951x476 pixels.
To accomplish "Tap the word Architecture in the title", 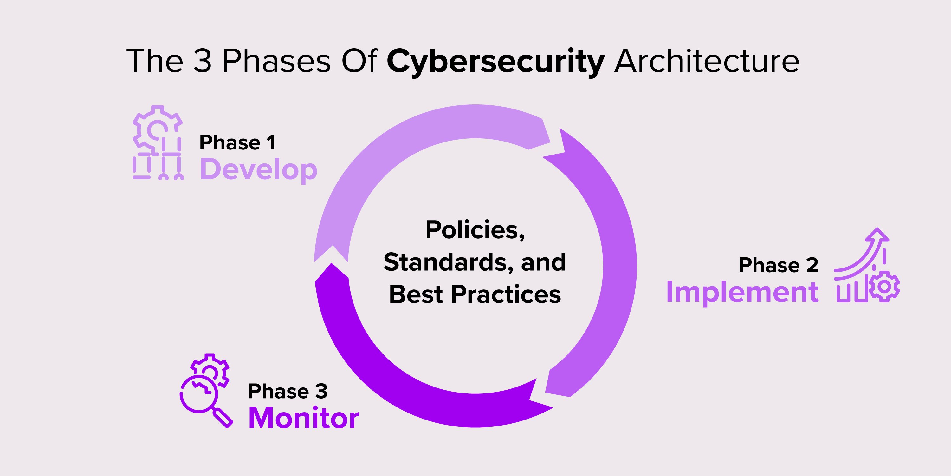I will point(707,61).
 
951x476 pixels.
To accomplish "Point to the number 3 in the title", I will point(202,61).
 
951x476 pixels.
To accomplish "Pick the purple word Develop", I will point(258,169).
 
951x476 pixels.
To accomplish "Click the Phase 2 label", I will point(778,265).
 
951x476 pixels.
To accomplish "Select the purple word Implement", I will point(742,292).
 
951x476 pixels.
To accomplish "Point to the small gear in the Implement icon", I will point(884,286).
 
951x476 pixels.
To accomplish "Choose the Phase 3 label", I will point(287,391).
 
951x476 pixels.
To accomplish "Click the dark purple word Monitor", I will point(303,418).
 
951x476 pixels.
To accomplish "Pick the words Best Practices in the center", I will point(475,294).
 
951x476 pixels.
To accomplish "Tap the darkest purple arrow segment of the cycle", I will point(406,388).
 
